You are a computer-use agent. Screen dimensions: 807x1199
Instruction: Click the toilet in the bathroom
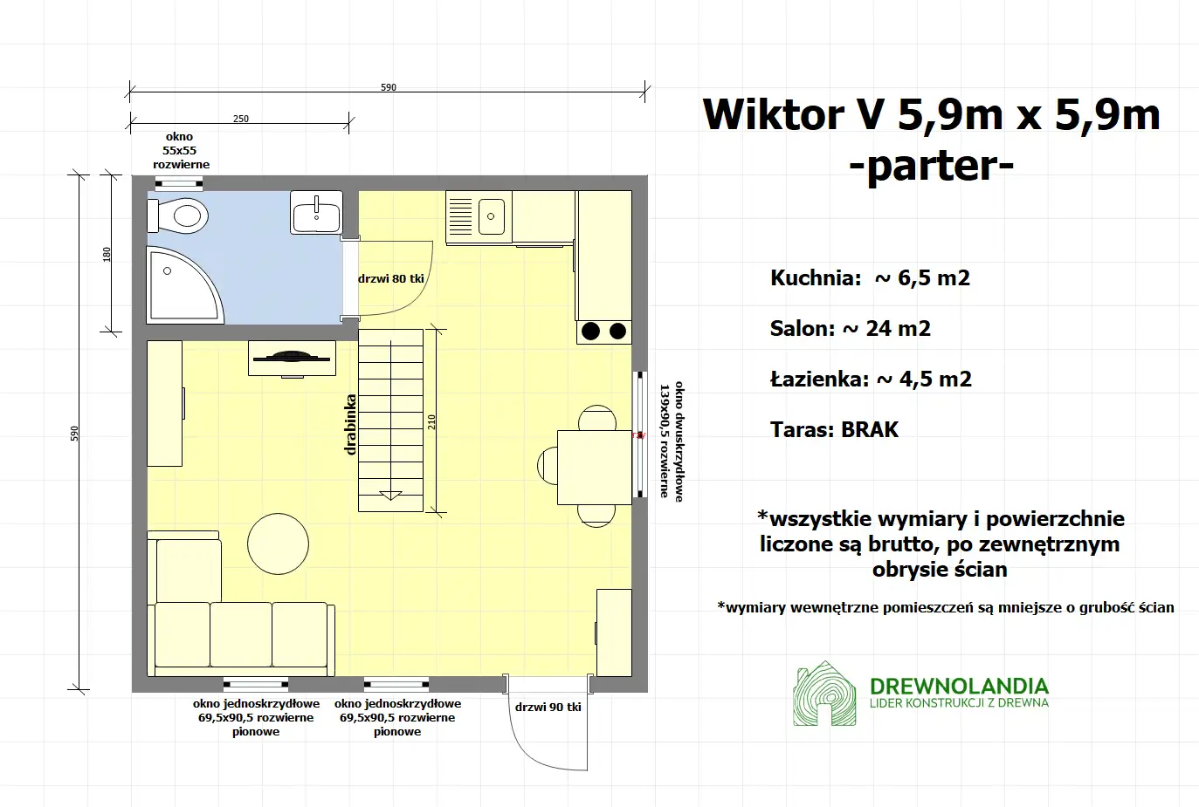(181, 215)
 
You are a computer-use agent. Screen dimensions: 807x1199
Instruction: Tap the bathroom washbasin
(316, 214)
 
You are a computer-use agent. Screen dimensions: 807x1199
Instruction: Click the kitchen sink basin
(492, 215)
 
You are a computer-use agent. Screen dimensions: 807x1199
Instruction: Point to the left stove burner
(591, 331)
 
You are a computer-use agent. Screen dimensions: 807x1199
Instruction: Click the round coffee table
(278, 543)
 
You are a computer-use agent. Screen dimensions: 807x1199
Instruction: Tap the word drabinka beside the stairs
(350, 425)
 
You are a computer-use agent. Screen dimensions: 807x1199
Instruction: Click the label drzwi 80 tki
(390, 279)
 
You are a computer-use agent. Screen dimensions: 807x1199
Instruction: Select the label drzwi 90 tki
(548, 707)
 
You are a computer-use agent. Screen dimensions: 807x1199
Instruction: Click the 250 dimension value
(241, 119)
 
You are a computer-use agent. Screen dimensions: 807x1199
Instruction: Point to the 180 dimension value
(107, 254)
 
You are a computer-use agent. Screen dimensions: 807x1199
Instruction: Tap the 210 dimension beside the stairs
(431, 421)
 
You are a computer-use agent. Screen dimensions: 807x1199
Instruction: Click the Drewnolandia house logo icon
(824, 694)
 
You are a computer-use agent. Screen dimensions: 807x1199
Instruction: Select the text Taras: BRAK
(834, 429)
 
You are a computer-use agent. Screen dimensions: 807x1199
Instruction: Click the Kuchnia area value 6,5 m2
(934, 278)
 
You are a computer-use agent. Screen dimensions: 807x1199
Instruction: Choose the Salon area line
(850, 329)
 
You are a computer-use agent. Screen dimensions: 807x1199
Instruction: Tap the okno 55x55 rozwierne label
(181, 150)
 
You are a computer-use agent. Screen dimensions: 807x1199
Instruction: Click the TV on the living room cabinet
(292, 356)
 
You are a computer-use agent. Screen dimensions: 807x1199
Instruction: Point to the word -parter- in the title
(931, 166)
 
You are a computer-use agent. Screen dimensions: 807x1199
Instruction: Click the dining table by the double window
(594, 467)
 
